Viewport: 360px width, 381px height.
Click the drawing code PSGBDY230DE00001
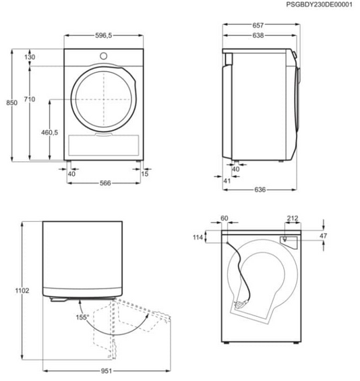[x=319, y=5]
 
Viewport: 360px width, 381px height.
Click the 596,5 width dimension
[x=103, y=36]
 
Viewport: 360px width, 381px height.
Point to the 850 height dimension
[x=11, y=102]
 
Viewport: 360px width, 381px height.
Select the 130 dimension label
[x=30, y=57]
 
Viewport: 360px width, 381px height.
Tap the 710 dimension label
[x=30, y=99]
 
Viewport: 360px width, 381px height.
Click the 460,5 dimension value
[x=50, y=132]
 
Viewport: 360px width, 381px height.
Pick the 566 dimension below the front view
[x=105, y=183]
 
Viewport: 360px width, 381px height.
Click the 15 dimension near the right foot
[x=145, y=174]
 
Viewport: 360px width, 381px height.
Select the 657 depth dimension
[x=258, y=25]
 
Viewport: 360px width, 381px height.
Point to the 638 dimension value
[x=258, y=36]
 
